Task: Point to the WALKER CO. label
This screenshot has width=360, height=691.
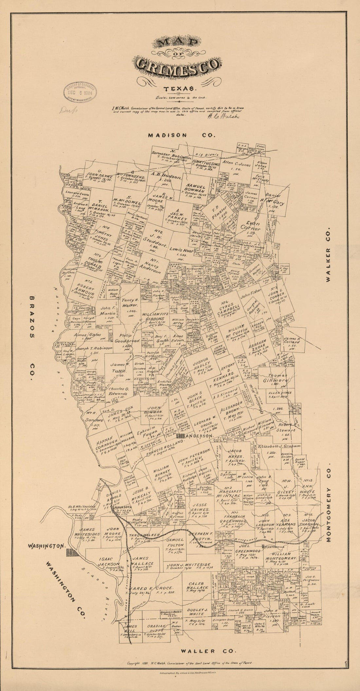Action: pos(329,254)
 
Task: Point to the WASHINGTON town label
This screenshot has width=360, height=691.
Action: pos(47,546)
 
